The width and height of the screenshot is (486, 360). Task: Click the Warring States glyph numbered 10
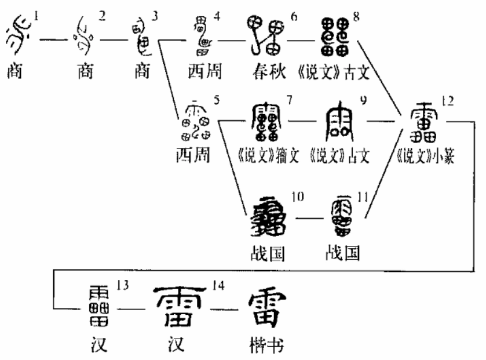pyautogui.click(x=269, y=217)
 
